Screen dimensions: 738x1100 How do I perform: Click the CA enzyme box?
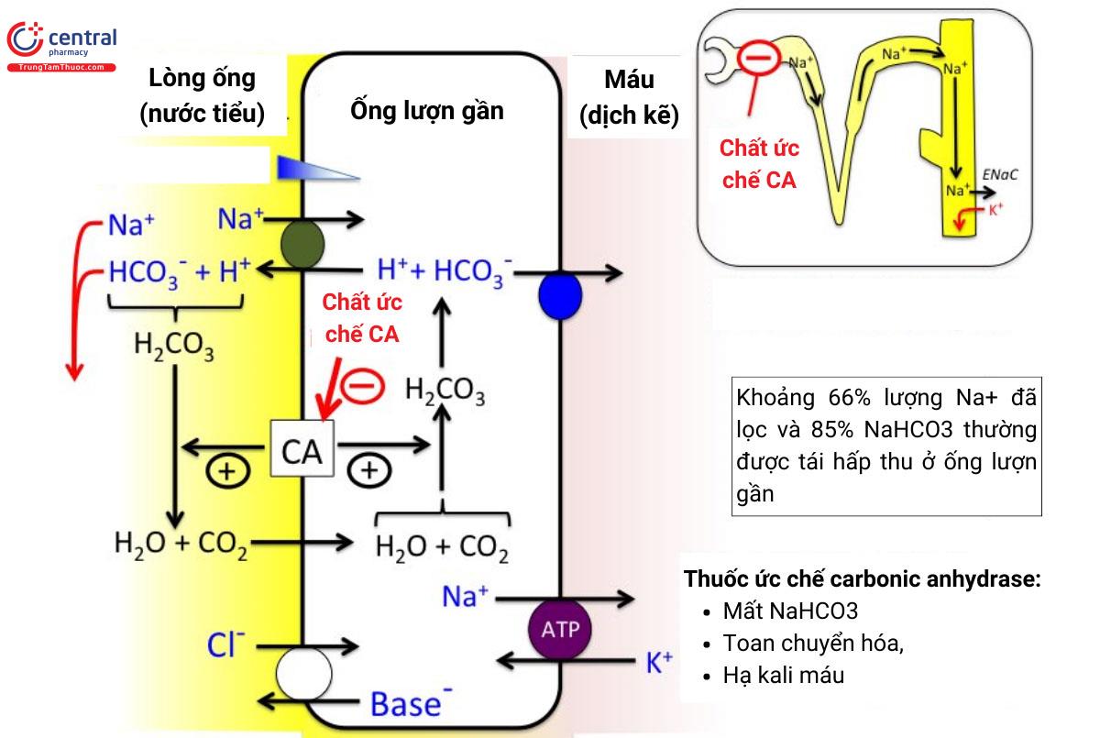[302, 448]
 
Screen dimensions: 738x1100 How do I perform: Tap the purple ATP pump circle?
[559, 629]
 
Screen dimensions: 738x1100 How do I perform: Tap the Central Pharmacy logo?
[62, 46]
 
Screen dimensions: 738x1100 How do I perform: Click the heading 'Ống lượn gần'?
[427, 111]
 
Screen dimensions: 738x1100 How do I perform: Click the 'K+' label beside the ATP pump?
[659, 662]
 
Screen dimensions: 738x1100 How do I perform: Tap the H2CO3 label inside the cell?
[445, 391]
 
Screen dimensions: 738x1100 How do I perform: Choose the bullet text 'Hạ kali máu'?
[783, 676]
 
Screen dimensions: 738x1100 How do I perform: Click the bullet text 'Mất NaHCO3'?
[789, 611]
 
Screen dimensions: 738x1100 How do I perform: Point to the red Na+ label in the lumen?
[131, 225]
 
